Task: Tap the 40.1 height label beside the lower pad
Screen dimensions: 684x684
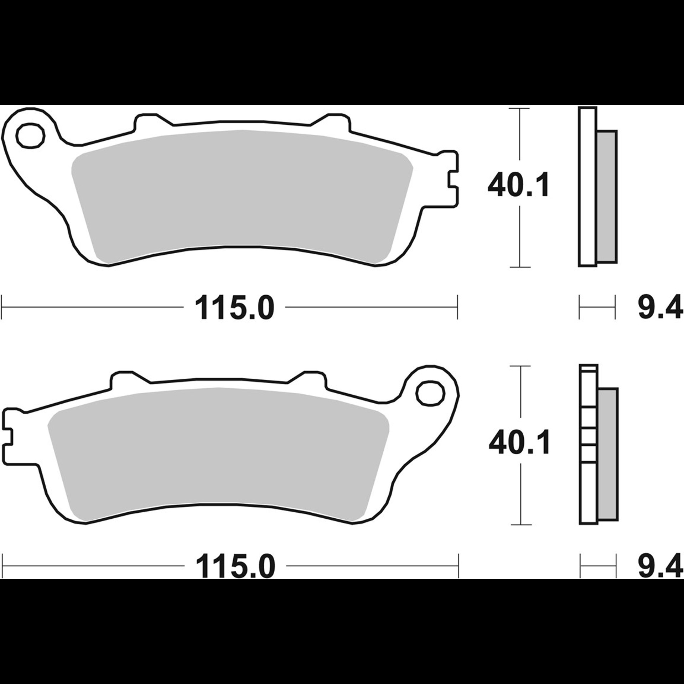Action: (x=520, y=443)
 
